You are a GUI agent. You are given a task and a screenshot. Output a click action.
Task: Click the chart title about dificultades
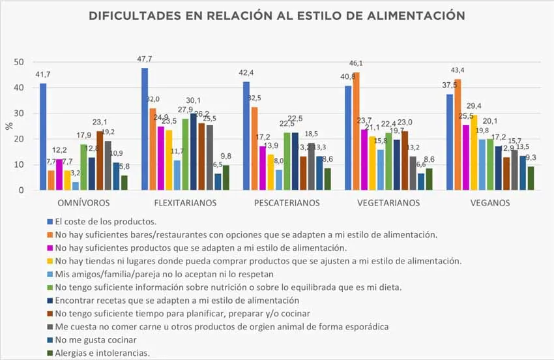tap(276, 16)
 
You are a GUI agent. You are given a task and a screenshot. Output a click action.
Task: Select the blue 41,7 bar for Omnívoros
tap(43, 137)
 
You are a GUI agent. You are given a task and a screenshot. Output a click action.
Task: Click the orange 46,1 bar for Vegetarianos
tap(356, 131)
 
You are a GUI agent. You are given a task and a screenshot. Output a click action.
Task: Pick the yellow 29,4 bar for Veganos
tap(474, 153)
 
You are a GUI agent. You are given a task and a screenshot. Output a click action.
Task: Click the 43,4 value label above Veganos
tap(458, 70)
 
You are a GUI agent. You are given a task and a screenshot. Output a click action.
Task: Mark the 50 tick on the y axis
tap(20, 62)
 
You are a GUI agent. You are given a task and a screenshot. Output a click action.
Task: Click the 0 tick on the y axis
tap(22, 190)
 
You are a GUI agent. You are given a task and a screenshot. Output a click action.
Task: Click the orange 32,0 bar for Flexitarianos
tap(153, 149)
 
